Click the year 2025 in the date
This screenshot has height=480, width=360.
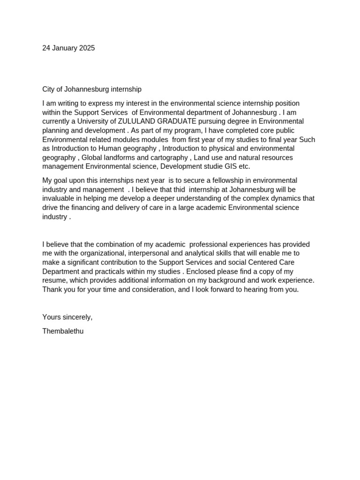[x=87, y=48]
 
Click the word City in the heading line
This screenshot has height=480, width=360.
[x=49, y=89]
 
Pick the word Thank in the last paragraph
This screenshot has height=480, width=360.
[x=52, y=290]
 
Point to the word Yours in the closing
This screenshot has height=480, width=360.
[x=52, y=317]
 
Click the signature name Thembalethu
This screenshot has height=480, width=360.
[x=63, y=331]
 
